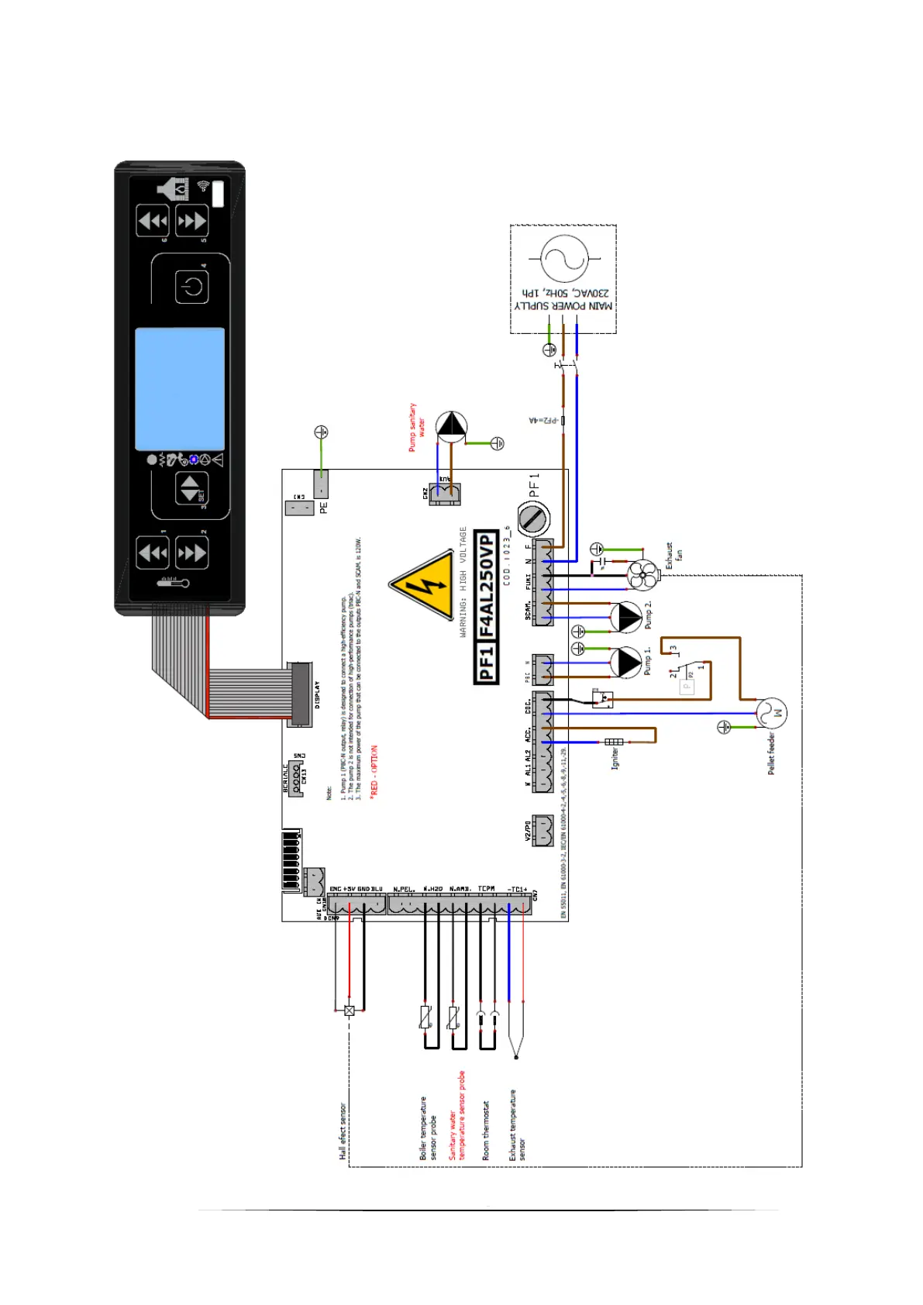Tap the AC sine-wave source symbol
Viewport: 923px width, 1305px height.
point(564,259)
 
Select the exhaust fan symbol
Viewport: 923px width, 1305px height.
point(642,574)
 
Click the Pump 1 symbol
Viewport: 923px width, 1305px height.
point(625,663)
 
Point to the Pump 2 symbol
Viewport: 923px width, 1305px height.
point(625,618)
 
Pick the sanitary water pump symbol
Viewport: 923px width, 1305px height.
point(451,427)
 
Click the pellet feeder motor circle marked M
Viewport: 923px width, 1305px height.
point(771,712)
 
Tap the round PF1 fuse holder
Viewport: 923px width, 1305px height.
point(533,518)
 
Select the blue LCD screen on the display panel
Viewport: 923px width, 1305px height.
point(180,389)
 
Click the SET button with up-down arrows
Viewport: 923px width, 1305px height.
point(191,489)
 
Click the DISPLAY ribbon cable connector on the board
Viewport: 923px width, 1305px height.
point(301,694)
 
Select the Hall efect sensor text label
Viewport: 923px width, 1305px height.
point(343,1131)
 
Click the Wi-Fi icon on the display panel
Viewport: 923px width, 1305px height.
point(203,186)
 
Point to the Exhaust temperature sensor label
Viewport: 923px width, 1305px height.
point(517,1125)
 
